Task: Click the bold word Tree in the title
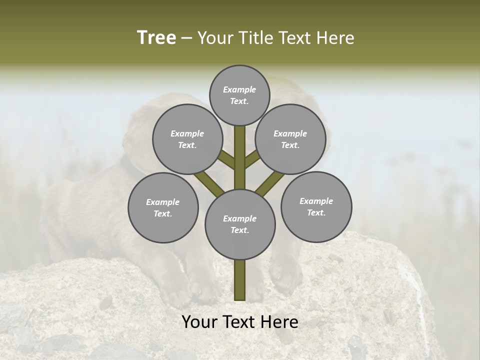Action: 156,38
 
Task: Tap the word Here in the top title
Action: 335,38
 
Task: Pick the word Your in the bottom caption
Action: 199,322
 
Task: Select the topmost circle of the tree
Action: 239,95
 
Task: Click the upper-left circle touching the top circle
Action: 187,139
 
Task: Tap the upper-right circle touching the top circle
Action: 290,139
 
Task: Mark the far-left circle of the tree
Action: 162,207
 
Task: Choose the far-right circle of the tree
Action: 316,206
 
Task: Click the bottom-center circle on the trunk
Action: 240,224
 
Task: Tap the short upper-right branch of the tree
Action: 252,159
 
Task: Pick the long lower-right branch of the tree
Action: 270,182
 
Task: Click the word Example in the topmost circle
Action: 239,90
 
